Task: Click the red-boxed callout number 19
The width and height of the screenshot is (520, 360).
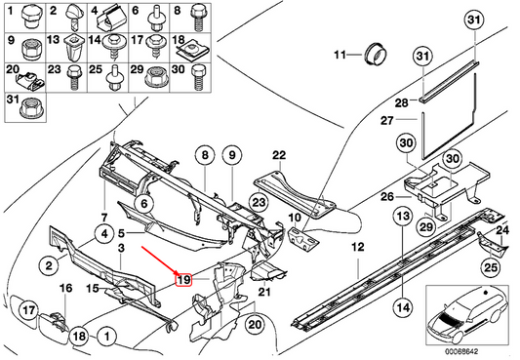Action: tap(183, 279)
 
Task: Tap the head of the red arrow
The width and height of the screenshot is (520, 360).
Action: tap(179, 273)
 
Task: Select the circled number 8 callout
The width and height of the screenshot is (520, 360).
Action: tap(205, 155)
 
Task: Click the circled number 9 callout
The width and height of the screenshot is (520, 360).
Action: tap(232, 155)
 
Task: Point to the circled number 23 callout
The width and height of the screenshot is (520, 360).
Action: tap(259, 202)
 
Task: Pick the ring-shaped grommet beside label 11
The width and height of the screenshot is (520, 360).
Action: tap(376, 54)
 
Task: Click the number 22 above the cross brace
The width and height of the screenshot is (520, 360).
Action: tap(279, 155)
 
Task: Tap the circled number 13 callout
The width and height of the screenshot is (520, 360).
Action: tap(403, 217)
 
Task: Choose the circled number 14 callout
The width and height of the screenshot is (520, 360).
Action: tap(403, 308)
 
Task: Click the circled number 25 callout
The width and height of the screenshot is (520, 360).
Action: tap(491, 267)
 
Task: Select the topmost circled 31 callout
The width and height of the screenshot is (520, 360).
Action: tap(474, 20)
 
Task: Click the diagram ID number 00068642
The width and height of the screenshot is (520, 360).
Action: tap(461, 351)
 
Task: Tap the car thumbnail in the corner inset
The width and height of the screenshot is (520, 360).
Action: tap(466, 313)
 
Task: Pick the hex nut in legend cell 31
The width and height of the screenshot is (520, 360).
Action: tap(30, 108)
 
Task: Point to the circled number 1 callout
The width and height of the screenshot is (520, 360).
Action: tap(106, 337)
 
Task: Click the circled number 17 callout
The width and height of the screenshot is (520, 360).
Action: tap(28, 310)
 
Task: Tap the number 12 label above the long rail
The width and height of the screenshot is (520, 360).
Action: tap(358, 247)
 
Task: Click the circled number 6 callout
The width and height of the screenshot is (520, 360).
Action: tap(144, 203)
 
